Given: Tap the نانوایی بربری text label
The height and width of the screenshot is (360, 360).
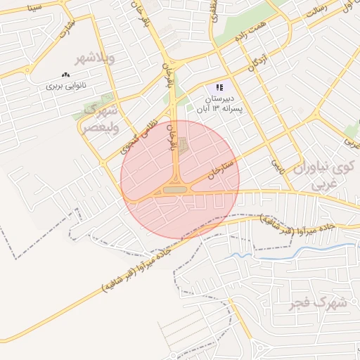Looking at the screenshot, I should tap(65, 86).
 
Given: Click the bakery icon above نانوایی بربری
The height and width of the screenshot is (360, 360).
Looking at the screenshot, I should tap(66, 74).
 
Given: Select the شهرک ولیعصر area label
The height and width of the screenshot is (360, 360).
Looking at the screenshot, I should tap(98, 119).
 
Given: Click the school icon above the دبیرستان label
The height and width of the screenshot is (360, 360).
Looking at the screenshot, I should tap(220, 88).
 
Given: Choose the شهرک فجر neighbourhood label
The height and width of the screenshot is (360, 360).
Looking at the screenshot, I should tap(319, 303).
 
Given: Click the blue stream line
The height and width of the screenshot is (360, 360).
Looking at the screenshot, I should tap(309, 250).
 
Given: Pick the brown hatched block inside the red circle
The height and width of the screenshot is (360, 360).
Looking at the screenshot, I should tap(184, 146).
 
